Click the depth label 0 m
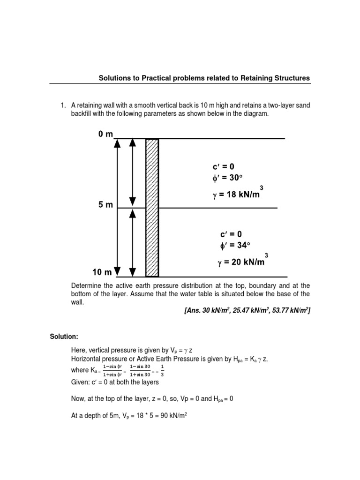tap(105, 134)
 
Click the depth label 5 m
tap(105, 205)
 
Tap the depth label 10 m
tap(102, 272)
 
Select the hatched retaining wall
tap(152, 208)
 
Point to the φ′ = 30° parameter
tap(229, 179)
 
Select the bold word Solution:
tap(64, 337)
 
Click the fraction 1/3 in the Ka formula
tap(162, 371)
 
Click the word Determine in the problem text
tap(86, 285)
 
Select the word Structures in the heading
tap(292, 78)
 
